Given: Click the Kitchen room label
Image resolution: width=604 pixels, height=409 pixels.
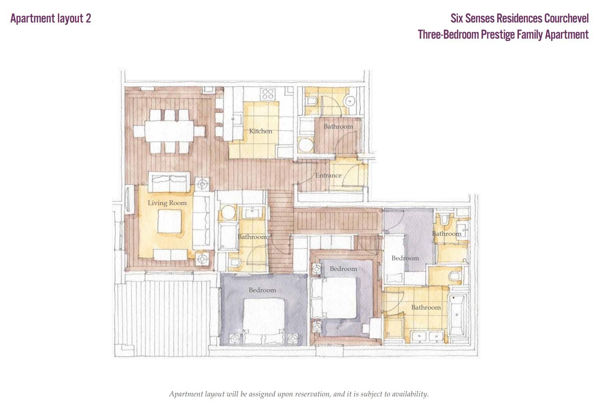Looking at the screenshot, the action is [x=261, y=131].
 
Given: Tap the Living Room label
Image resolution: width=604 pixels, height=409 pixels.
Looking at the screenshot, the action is [x=167, y=203].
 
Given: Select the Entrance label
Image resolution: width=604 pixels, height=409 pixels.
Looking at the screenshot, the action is [x=328, y=176].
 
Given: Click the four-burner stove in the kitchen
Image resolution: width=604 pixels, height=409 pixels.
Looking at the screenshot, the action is [x=268, y=94].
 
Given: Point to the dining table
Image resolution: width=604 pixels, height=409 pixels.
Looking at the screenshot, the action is [x=169, y=131].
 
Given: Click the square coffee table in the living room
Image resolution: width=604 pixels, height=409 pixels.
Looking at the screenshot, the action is [x=169, y=221].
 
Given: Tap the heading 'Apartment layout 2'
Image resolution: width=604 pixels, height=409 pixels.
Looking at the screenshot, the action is [x=51, y=18].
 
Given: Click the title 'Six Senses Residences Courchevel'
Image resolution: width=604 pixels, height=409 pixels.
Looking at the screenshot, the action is [x=520, y=18].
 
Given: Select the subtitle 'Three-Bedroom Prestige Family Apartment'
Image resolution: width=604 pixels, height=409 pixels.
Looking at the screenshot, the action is [x=503, y=34].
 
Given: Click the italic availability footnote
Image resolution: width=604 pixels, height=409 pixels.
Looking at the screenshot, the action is [x=299, y=394].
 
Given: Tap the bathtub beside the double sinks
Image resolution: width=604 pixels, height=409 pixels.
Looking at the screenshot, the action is [x=457, y=315].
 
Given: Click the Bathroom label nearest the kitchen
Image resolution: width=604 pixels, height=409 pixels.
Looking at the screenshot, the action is [x=338, y=126].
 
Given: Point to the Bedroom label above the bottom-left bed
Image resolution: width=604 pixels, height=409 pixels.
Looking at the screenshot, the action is [x=263, y=290].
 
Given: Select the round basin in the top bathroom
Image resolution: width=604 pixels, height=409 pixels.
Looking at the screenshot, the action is [x=350, y=102].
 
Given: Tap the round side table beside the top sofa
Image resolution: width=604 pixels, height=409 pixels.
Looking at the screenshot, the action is [x=202, y=184].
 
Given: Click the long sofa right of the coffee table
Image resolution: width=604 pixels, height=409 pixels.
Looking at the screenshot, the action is [x=201, y=220].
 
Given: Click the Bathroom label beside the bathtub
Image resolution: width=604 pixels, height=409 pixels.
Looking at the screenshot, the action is [x=426, y=307].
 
